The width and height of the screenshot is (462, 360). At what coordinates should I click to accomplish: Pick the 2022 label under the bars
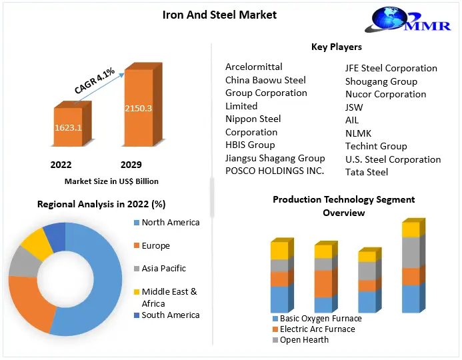coord(61,165)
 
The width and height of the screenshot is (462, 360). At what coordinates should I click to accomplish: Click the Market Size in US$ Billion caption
coord(111,181)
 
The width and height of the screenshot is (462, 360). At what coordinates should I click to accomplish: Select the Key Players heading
coord(336,47)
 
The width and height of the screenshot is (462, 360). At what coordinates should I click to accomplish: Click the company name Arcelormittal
coord(253,67)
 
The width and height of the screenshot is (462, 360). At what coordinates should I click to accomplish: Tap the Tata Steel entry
coord(367,172)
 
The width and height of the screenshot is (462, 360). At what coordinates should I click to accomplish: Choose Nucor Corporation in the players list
coord(385,94)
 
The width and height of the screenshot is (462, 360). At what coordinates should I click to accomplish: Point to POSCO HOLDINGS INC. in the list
coord(275,171)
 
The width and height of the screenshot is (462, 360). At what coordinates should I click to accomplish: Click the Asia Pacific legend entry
coord(163,268)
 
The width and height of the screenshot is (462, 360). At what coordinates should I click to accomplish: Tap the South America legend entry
coord(170,315)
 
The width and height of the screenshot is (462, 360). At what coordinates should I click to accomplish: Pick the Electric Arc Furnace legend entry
coord(317,329)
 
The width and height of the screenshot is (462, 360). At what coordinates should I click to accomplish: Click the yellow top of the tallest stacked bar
coord(411,229)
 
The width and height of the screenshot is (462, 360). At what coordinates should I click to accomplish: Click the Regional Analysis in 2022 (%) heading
coord(101,204)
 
